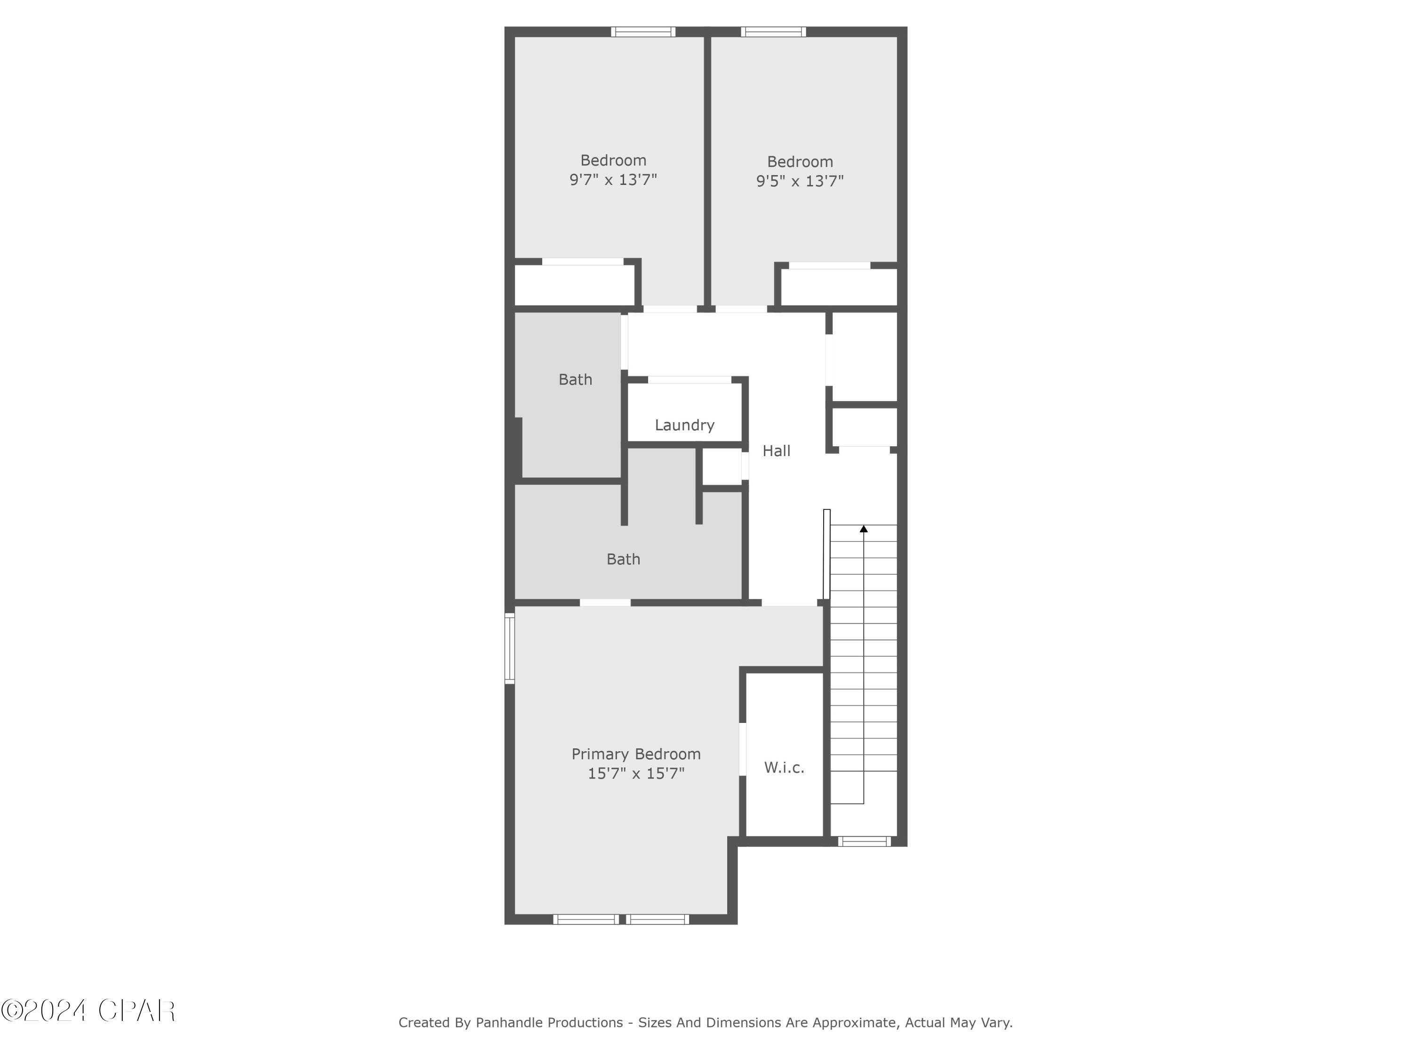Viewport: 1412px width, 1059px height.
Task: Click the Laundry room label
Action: (x=684, y=425)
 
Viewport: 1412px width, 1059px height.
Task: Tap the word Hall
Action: (x=776, y=451)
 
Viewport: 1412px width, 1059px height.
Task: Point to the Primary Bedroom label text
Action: (x=636, y=754)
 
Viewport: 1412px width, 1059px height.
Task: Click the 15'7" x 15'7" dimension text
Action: (x=636, y=774)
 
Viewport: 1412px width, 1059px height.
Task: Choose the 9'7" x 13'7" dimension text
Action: (x=613, y=180)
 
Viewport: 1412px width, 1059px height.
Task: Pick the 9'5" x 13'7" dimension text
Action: (x=800, y=181)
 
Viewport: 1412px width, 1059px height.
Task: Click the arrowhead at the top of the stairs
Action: (x=864, y=529)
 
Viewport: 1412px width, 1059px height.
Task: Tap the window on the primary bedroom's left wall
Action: (x=509, y=648)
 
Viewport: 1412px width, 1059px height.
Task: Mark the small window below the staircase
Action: (x=864, y=842)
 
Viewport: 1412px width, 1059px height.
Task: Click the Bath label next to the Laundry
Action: (x=575, y=380)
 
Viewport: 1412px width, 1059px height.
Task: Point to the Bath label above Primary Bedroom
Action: (x=623, y=559)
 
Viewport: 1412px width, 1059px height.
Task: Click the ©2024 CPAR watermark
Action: (x=88, y=1011)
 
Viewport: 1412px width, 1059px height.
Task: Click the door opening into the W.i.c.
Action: (x=742, y=749)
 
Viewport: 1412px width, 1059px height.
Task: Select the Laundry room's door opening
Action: (x=690, y=380)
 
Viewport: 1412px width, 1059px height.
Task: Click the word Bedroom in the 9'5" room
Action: (x=800, y=162)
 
